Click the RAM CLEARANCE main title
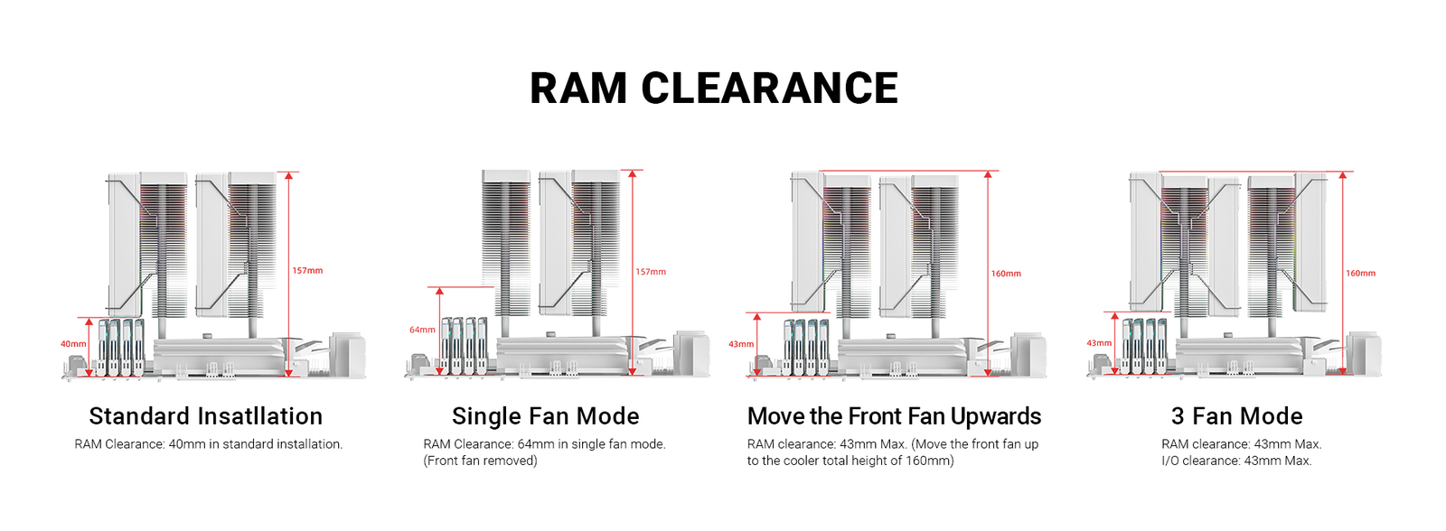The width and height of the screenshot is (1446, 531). (x=714, y=88)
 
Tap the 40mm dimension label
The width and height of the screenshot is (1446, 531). (x=73, y=344)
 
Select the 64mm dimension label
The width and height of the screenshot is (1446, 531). (x=422, y=330)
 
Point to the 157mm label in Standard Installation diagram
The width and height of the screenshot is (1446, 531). (x=307, y=270)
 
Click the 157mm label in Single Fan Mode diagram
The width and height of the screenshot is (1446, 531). (x=651, y=272)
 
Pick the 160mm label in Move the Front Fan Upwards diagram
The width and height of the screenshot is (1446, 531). (x=1007, y=274)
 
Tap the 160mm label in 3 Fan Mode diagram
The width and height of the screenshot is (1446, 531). (x=1361, y=274)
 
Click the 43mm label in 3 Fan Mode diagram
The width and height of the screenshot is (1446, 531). (x=1099, y=343)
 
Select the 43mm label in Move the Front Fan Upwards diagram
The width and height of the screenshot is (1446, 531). (x=742, y=344)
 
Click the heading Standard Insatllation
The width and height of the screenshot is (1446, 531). (x=206, y=416)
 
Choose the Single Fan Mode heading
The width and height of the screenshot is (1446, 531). (x=546, y=416)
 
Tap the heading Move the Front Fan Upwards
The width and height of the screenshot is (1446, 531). (x=894, y=416)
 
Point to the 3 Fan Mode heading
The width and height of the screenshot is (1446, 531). (x=1237, y=416)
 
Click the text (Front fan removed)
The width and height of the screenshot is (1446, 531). (x=480, y=461)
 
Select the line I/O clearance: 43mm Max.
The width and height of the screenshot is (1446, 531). (x=1237, y=461)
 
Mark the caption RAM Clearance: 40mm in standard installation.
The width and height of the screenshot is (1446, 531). (x=209, y=444)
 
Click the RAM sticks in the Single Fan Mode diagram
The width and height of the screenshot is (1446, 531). (x=464, y=345)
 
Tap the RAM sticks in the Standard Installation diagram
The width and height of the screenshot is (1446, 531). (x=121, y=347)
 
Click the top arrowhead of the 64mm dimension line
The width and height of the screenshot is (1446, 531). (x=439, y=291)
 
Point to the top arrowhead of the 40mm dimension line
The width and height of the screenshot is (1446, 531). (x=89, y=321)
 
